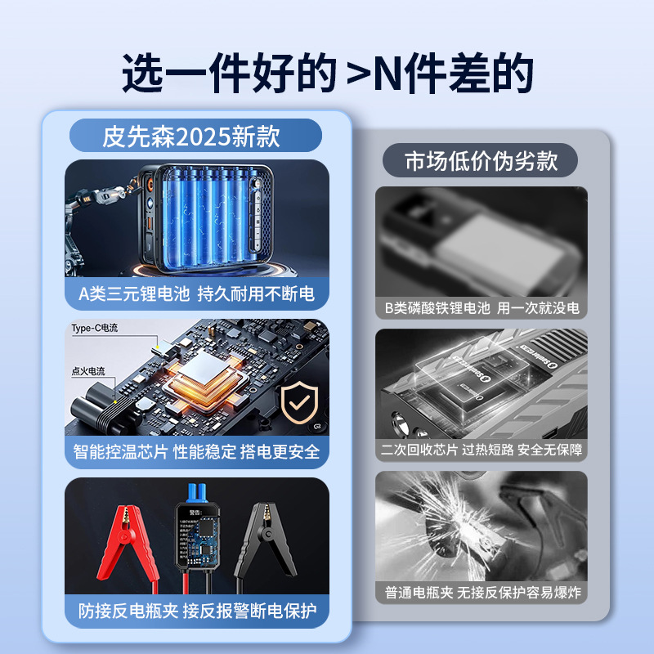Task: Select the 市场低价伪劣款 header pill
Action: (481, 160)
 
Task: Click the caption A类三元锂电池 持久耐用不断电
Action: (196, 293)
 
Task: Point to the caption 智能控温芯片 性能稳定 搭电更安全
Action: (196, 451)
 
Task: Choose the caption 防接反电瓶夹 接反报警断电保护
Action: (196, 610)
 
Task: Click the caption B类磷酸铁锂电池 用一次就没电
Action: (482, 308)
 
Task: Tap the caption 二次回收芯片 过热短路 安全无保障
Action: (482, 450)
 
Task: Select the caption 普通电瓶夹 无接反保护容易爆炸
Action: (482, 592)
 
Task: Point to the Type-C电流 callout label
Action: (95, 328)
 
